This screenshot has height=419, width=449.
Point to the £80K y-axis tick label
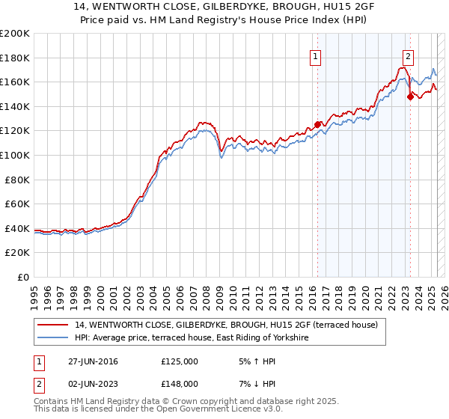pos(17,180)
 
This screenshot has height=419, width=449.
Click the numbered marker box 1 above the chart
pos(316,56)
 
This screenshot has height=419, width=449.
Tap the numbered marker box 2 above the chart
pos(408,56)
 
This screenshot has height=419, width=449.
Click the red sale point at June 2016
pos(317,125)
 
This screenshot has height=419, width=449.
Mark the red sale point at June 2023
pos(409,97)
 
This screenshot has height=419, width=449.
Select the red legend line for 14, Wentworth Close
pos(54,325)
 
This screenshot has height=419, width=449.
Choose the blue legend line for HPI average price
pos(54,338)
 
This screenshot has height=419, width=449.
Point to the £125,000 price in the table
pos(180,361)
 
